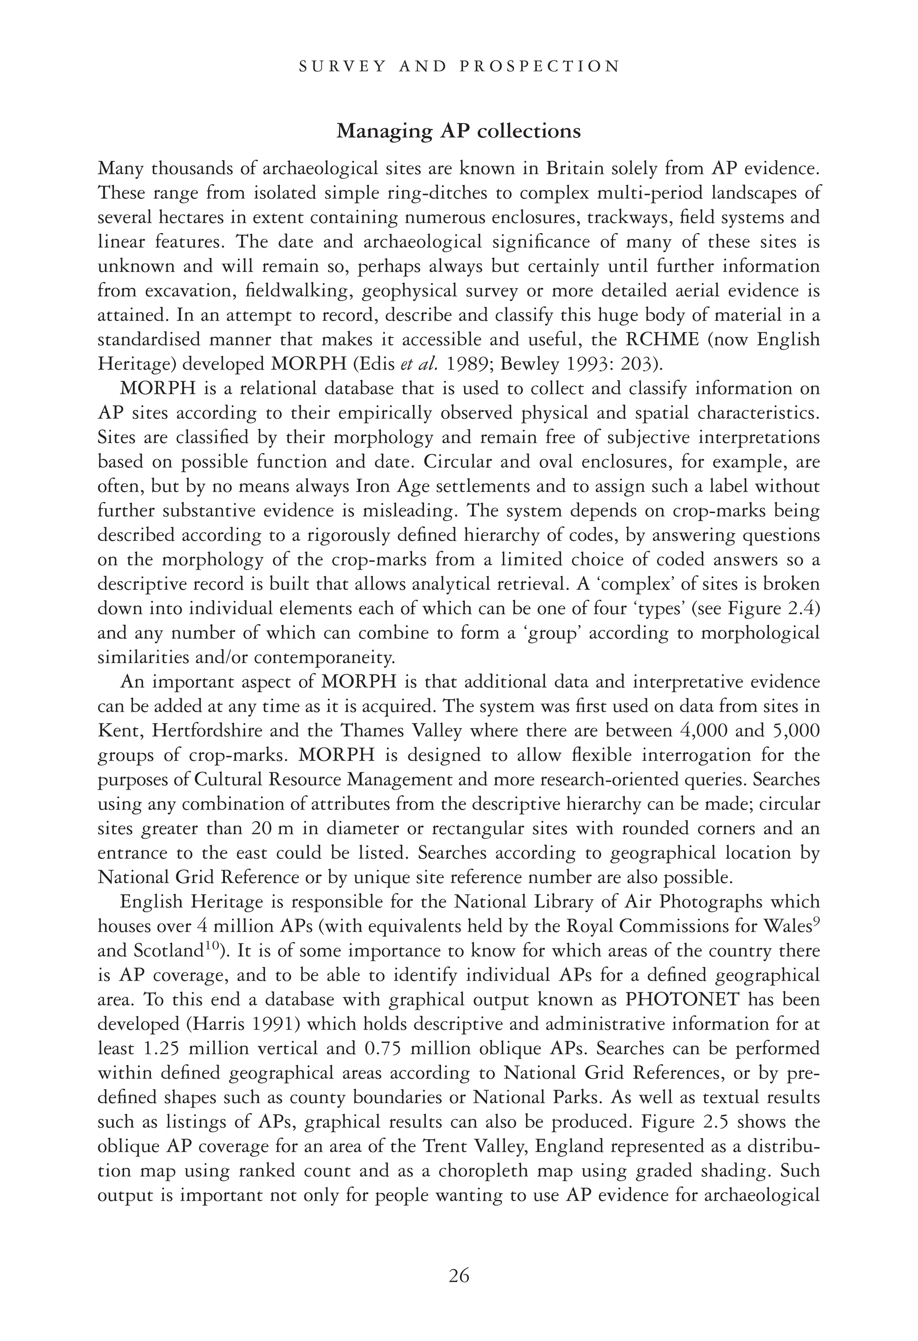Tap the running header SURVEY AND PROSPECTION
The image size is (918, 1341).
(459, 66)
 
